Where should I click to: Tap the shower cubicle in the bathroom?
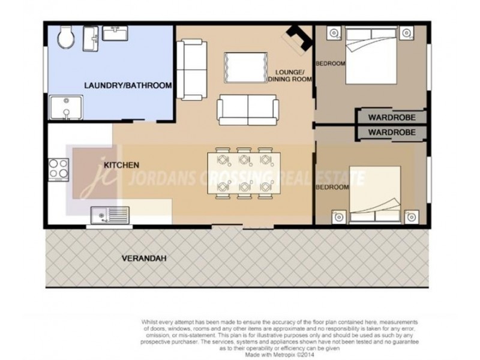pyautogui.click(x=65, y=107)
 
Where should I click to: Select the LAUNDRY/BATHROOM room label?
pyautogui.click(x=128, y=86)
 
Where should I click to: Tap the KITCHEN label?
pyautogui.click(x=122, y=164)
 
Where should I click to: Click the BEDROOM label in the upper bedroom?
pyautogui.click(x=331, y=63)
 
